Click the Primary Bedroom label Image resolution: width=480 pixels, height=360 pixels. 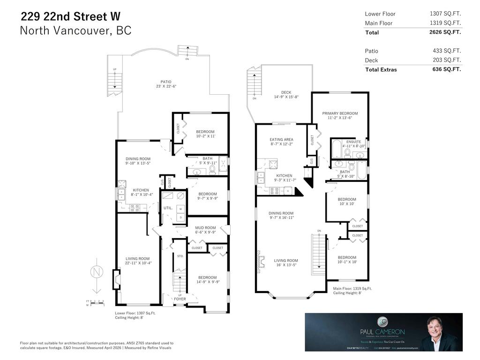click(x=340, y=113)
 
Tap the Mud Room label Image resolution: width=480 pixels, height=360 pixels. click(x=205, y=228)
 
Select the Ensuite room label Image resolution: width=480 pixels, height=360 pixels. click(x=353, y=142)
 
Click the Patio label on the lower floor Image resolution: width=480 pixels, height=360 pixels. click(x=166, y=82)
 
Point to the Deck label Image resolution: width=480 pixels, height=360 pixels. click(x=286, y=92)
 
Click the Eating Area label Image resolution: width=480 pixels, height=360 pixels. click(x=281, y=139)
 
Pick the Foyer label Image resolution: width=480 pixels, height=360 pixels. click(x=180, y=299)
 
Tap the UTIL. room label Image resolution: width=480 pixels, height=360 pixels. click(x=167, y=208)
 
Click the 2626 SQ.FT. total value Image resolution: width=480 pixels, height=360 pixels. click(x=445, y=32)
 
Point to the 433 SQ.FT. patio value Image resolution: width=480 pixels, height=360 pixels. click(x=447, y=51)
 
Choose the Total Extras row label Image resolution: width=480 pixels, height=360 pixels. click(x=381, y=69)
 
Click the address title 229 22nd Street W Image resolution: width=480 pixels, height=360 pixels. click(x=70, y=16)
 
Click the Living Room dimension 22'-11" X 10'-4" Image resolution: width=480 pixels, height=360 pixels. click(x=137, y=263)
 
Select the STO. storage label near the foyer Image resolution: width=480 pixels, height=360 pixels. click(x=180, y=256)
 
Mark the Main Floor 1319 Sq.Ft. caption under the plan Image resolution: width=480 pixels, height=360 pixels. click(x=352, y=289)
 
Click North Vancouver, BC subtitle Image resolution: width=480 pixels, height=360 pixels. click(x=75, y=31)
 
